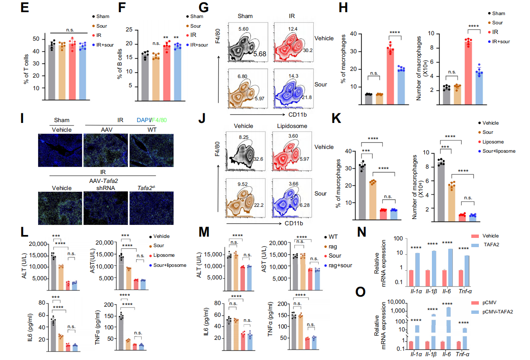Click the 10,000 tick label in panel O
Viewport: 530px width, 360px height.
[401, 302]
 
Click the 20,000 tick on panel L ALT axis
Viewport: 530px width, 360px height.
[38, 244]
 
